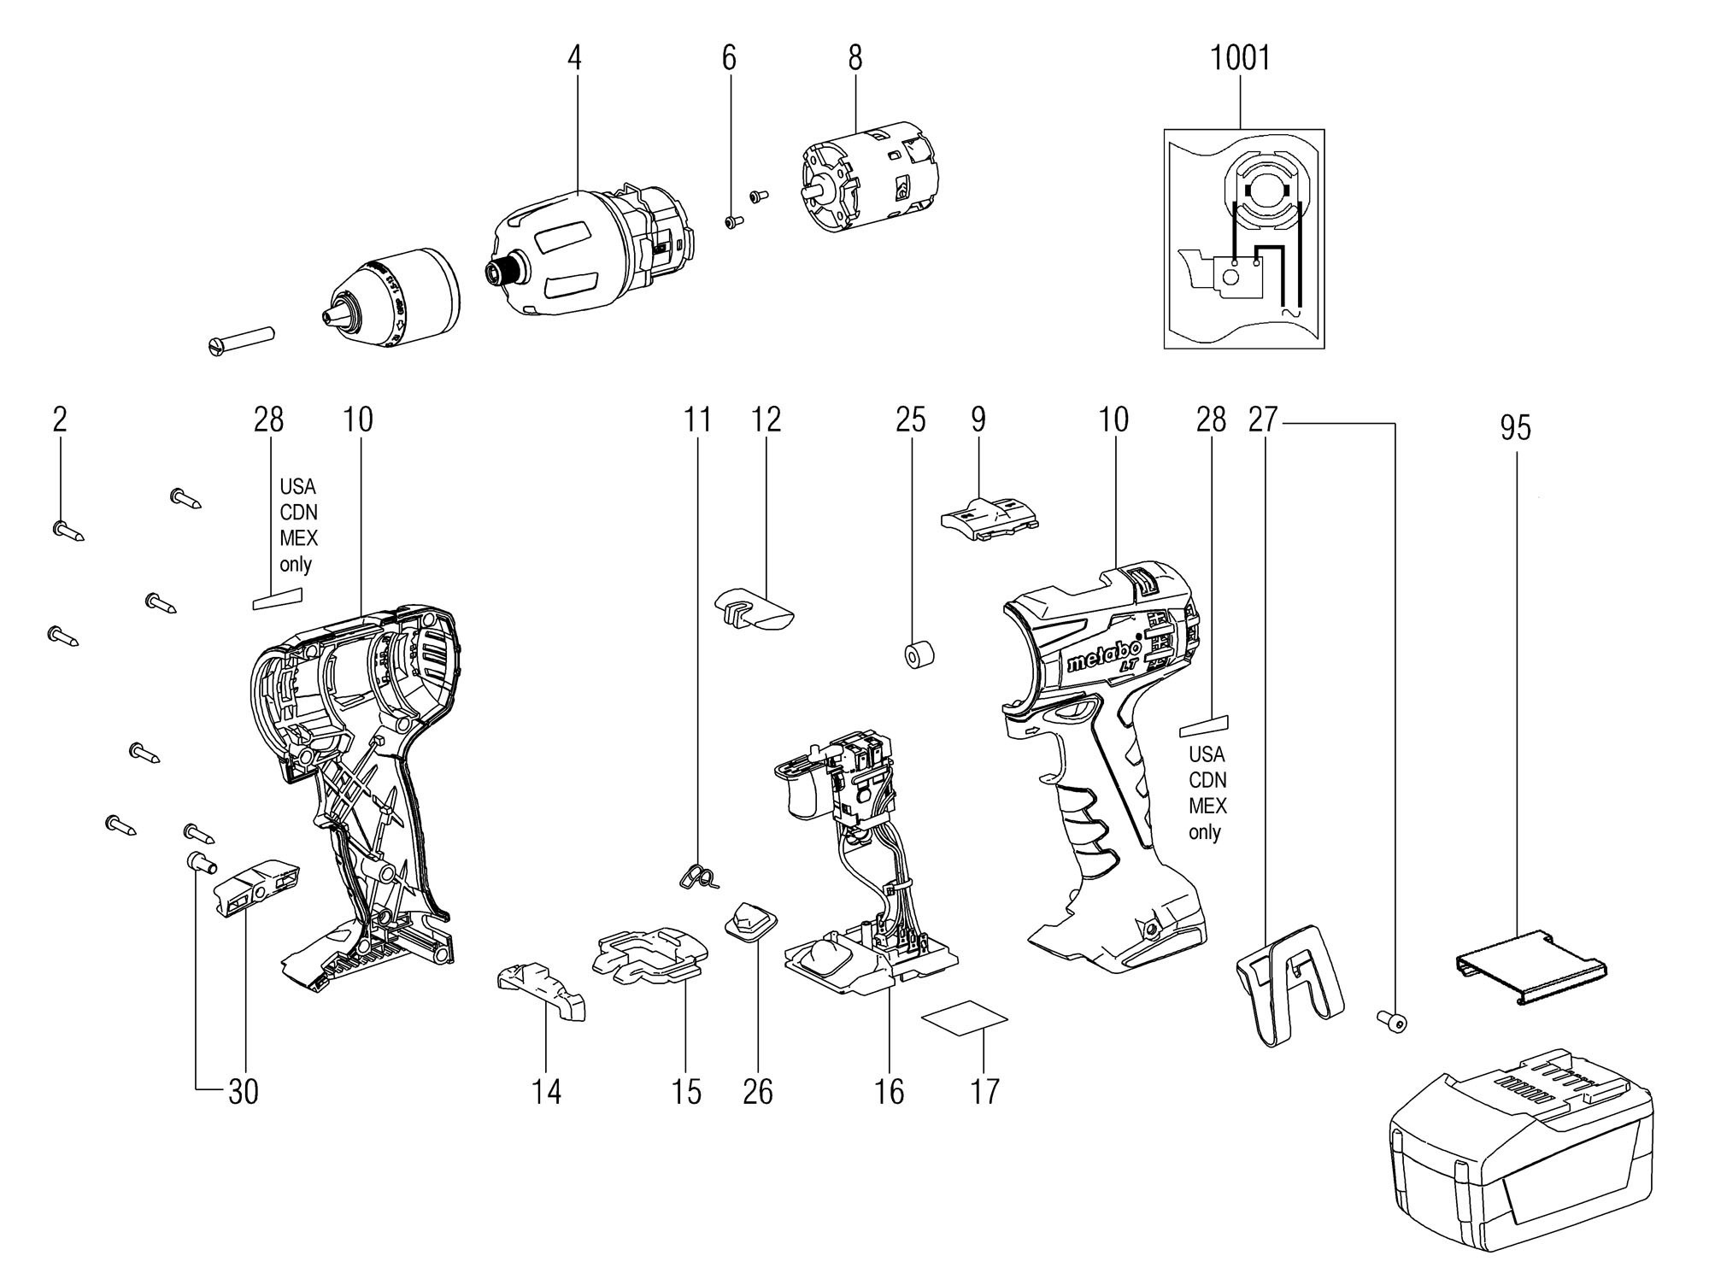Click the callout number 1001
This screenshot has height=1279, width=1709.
[x=1240, y=58]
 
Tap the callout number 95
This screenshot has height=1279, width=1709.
[x=1515, y=428]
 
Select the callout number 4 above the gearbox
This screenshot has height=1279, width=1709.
[x=574, y=58]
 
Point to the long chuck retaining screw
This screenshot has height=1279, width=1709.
[x=240, y=337]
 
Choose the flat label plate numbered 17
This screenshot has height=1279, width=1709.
[x=965, y=1018]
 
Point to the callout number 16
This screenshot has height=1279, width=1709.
[x=889, y=1091]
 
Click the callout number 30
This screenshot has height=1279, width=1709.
[x=244, y=1091]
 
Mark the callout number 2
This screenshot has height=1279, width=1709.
[x=59, y=419]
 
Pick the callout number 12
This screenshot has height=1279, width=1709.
[x=766, y=419]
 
